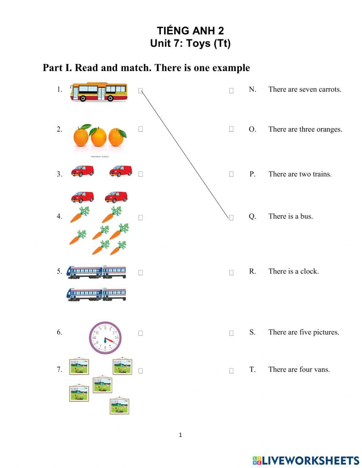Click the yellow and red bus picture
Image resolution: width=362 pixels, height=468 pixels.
(x=99, y=92)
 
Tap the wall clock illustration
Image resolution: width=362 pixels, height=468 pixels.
(x=105, y=338)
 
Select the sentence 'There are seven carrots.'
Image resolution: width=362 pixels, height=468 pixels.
(x=305, y=90)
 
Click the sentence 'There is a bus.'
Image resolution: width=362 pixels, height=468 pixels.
(x=290, y=216)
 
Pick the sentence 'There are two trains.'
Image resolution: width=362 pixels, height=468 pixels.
(x=300, y=174)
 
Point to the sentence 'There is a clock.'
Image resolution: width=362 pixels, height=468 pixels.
(x=293, y=272)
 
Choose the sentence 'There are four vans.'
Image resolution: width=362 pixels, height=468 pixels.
(x=299, y=370)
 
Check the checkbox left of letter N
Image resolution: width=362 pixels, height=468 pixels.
(x=231, y=91)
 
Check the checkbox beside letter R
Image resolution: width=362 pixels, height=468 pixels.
(x=231, y=273)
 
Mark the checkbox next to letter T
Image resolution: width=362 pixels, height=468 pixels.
(x=231, y=371)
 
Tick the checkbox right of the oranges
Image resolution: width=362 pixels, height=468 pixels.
(x=140, y=129)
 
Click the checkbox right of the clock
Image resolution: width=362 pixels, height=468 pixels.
(x=140, y=333)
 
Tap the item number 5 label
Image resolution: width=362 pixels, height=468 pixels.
(x=59, y=272)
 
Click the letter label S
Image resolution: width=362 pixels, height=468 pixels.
(x=252, y=332)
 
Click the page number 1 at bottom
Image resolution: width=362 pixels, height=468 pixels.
(x=180, y=435)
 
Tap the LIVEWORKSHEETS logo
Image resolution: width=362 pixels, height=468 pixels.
(x=306, y=460)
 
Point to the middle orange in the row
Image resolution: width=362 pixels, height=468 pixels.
(x=98, y=137)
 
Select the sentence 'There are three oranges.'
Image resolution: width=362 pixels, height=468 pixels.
(x=305, y=129)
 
